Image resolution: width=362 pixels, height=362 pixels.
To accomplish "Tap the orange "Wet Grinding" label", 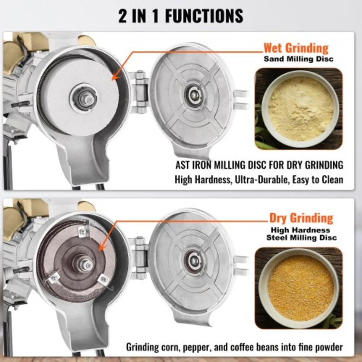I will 296,48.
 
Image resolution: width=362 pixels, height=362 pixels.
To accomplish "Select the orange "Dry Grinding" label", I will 301,218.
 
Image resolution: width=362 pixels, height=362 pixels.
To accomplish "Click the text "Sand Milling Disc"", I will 299,59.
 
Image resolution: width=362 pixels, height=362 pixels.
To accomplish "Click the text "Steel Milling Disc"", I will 301,238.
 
